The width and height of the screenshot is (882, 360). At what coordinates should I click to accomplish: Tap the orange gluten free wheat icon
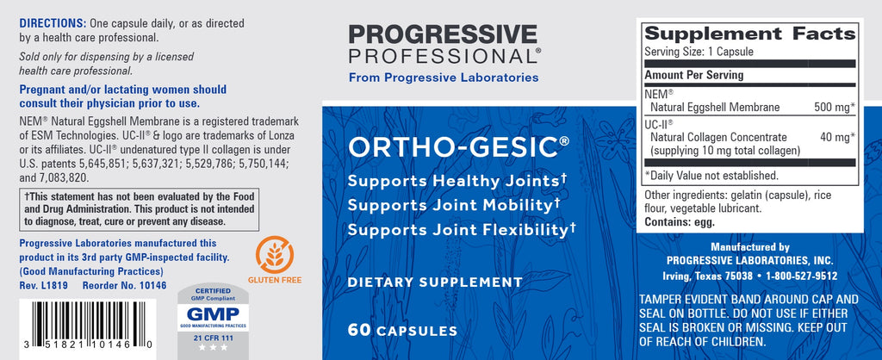(275, 254)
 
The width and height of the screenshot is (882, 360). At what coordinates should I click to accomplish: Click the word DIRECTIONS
(53, 23)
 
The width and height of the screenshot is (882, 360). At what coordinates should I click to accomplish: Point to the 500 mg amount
(834, 107)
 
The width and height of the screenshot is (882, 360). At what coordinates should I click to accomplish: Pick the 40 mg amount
(837, 137)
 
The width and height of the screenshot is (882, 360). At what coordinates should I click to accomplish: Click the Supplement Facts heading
(750, 34)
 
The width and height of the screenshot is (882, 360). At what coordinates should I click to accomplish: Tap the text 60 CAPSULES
(402, 330)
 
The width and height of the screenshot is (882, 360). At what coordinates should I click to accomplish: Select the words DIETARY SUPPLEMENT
(435, 282)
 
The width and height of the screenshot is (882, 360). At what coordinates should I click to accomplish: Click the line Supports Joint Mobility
(454, 205)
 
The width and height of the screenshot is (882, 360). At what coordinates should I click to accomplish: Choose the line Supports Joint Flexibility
(462, 229)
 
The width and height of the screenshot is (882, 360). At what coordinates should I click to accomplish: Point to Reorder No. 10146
(124, 286)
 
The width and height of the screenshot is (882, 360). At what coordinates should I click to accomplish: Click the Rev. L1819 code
(43, 286)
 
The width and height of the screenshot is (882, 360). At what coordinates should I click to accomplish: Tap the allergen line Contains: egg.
(680, 222)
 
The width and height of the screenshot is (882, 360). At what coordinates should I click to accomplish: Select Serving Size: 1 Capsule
(699, 52)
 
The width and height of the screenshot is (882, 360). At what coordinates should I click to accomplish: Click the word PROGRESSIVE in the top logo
(443, 34)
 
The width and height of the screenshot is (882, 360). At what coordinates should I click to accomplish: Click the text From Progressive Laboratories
(444, 78)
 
